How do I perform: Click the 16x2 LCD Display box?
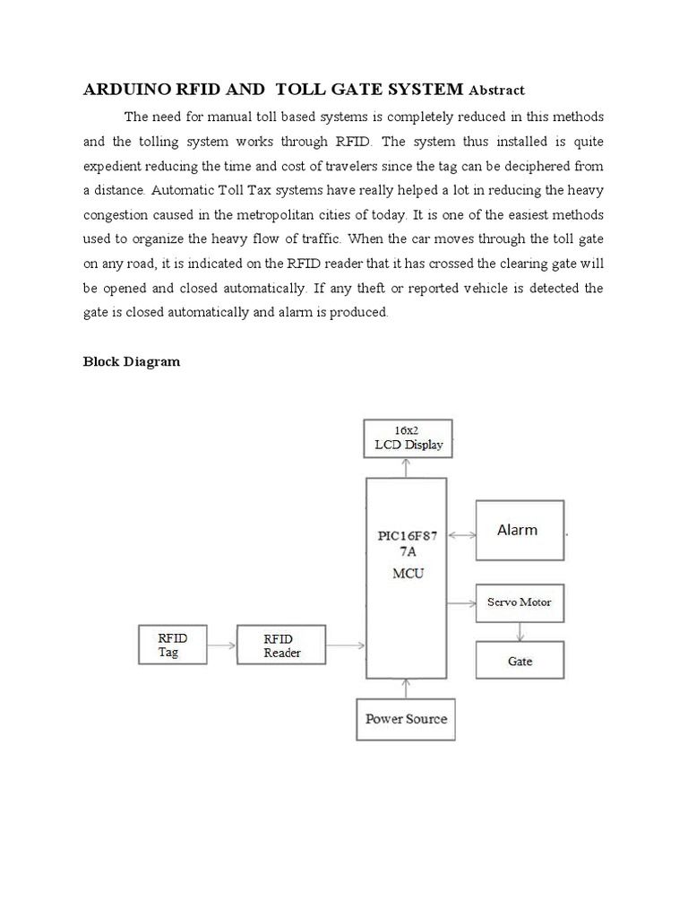[408, 438]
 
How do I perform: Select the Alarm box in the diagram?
[520, 530]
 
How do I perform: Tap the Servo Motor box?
[520, 602]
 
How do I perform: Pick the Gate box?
[520, 661]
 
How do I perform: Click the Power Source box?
[406, 719]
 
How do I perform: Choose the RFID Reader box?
[281, 645]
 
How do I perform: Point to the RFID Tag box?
[173, 645]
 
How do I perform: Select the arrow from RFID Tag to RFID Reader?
[222, 645]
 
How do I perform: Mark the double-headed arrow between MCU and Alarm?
[460, 535]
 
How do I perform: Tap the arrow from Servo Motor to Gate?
[520, 632]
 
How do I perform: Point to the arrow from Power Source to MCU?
[406, 688]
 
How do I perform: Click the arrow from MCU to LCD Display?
[407, 467]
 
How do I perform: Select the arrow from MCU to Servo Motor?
[460, 602]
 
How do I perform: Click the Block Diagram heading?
[132, 362]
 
